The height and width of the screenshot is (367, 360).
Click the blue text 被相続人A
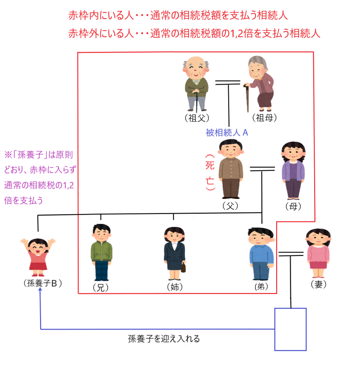227,133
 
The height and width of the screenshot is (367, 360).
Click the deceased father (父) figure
230,168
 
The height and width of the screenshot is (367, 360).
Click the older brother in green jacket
101,253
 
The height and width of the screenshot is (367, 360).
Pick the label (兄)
100,288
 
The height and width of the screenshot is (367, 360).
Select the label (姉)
174,287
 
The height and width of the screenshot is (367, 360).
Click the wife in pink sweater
318,253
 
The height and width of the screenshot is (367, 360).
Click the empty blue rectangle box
291,329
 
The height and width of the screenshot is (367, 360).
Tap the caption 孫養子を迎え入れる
164,338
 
